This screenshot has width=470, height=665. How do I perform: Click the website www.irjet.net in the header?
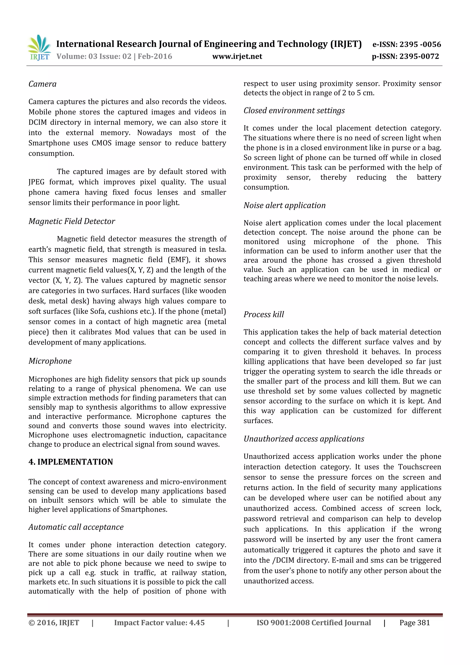point(237,56)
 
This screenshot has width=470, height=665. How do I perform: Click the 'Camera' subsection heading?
point(42,84)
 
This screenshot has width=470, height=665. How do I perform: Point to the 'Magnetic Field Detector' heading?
point(72,221)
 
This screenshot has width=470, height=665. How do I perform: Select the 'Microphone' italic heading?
point(50,361)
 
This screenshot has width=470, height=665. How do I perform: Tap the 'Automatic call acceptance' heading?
point(76,527)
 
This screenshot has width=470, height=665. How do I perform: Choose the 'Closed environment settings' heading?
point(294,111)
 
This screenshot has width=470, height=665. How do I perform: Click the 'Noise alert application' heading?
point(284,205)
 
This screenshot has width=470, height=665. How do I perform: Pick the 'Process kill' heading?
point(263,314)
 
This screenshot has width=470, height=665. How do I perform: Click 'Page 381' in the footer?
point(414,623)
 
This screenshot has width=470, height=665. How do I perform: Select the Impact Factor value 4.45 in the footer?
point(197,623)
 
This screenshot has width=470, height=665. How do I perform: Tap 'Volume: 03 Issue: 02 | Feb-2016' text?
point(114,56)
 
